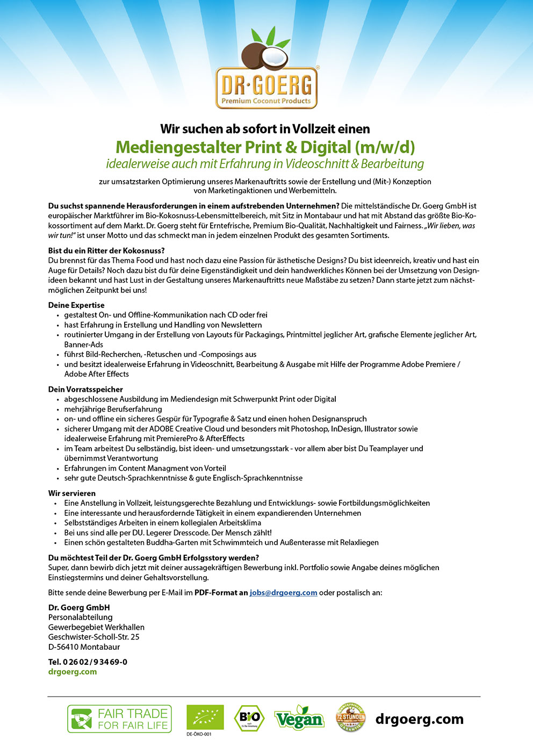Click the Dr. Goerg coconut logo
266,70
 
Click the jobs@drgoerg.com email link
283,593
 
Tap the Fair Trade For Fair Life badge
119,719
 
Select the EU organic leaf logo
205,717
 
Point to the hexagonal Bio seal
249,718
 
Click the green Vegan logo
299,719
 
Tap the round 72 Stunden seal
350,717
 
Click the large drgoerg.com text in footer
419,719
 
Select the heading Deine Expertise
76,305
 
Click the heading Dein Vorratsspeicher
85,389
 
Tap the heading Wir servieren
72,493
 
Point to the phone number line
88,662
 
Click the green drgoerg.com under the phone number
73,672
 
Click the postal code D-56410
63,647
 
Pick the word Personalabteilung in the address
81,617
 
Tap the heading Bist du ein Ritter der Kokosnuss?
106,250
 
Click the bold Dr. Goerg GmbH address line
79,607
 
